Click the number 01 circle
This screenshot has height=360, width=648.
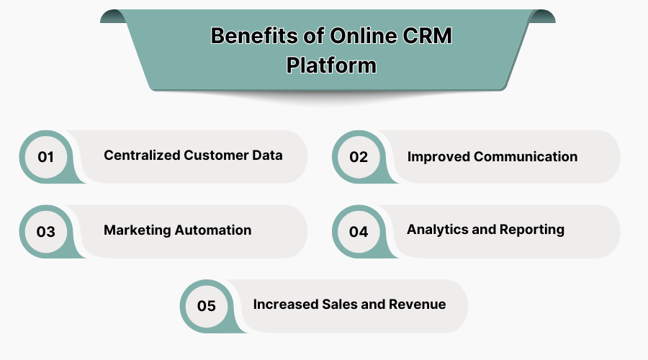tap(46, 156)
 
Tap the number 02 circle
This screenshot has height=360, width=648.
tap(359, 156)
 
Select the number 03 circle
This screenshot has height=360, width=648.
tap(46, 231)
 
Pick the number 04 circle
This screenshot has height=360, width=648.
tap(359, 231)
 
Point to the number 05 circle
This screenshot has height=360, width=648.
tap(207, 306)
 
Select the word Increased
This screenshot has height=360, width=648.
tap(284, 305)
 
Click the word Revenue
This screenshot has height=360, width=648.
tap(417, 305)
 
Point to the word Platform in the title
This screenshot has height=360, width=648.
tap(331, 65)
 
